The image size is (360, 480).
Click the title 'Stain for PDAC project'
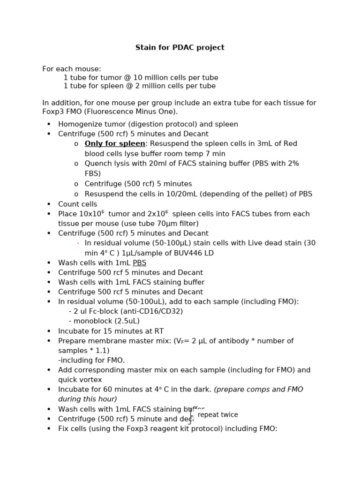(180, 47)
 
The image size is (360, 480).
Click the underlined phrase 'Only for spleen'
(115, 143)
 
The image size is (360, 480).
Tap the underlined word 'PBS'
(139, 263)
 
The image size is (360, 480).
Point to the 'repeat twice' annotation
(217, 415)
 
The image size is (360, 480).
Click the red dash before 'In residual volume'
(78, 243)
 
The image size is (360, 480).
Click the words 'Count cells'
(78, 204)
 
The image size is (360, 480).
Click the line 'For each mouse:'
(72, 69)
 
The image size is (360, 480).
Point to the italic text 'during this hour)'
(88, 399)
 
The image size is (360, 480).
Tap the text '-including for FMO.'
(91, 360)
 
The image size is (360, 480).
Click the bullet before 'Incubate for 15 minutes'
(49, 331)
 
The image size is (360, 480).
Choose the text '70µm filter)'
(178, 224)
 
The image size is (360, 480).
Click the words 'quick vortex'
(80, 380)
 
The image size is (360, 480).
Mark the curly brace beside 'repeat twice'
(190, 415)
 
